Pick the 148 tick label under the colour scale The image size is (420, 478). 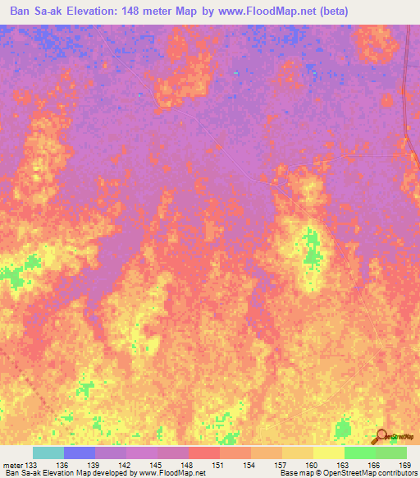pos(187,465)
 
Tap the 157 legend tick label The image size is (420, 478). pos(280,465)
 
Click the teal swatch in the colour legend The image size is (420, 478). pos(48,453)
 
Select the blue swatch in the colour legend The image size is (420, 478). pos(80,453)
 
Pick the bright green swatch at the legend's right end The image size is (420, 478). pos(391,453)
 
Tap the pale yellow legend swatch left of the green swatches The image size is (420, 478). pos(329,453)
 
